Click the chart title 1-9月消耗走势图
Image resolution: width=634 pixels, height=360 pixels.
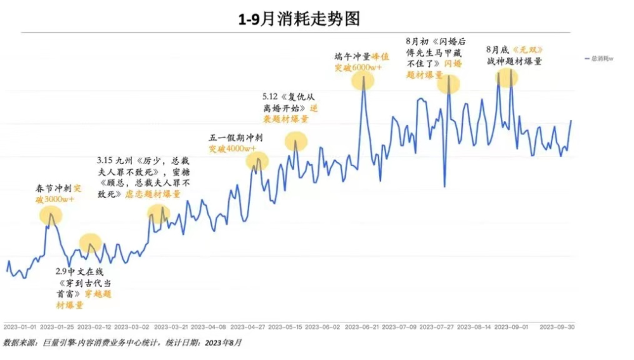[x=299, y=19]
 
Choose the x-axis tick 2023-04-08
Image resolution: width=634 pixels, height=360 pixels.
[x=208, y=328]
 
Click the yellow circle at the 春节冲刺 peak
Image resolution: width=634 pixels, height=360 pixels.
[x=51, y=215]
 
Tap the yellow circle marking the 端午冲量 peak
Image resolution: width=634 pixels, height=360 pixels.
[x=363, y=80]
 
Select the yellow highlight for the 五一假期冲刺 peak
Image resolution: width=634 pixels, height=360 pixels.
[x=257, y=161]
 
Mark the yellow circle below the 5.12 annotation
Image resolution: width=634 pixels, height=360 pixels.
[x=295, y=141]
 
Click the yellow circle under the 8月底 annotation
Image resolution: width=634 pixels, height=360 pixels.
[x=507, y=77]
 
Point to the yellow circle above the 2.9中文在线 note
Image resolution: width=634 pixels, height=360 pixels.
[x=90, y=243]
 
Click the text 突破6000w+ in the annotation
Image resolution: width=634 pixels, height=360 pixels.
[x=357, y=67]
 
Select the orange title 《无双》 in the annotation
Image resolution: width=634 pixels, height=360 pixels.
[x=529, y=49]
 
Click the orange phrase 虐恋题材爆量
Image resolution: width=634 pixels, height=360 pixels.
[x=154, y=195]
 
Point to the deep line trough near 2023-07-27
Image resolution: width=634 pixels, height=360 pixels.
[x=444, y=186]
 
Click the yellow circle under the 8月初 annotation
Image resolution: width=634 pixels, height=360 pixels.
[x=449, y=83]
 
